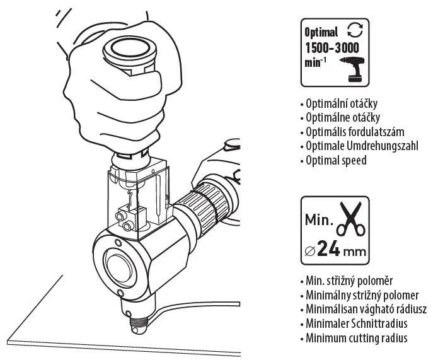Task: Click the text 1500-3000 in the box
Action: tap(332, 49)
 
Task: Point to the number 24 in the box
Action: tap(330, 249)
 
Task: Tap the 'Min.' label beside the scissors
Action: tap(318, 221)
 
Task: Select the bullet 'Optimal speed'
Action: tap(334, 160)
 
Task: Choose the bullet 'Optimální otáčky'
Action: tap(341, 103)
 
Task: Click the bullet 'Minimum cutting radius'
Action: tap(355, 338)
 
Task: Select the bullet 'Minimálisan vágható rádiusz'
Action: tap(365, 310)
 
